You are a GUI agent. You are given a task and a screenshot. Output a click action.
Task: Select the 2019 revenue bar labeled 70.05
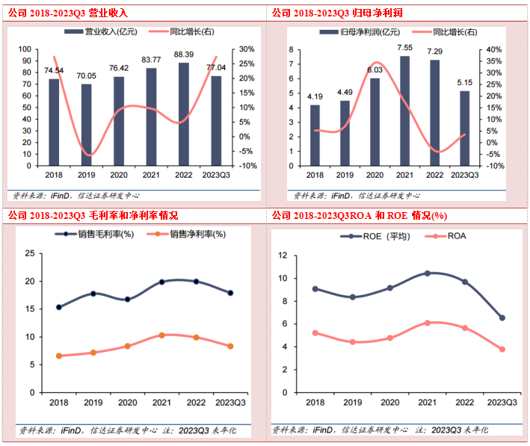[86, 124]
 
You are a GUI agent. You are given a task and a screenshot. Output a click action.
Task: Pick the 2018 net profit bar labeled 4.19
[315, 134]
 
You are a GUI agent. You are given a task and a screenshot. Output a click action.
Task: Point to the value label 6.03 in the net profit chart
[375, 70]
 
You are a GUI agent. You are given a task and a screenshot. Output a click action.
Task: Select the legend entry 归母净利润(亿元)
[366, 32]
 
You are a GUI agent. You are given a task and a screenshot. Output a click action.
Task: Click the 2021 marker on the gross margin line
[161, 282]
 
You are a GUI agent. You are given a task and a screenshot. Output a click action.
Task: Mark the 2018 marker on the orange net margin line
[58, 356]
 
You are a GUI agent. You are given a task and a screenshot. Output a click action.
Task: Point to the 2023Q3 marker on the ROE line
[502, 318]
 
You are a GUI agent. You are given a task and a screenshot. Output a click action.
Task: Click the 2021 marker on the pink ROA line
[427, 323]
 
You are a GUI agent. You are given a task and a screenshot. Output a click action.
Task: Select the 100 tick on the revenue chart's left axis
[25, 49]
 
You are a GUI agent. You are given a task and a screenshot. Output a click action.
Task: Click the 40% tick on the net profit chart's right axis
[496, 49]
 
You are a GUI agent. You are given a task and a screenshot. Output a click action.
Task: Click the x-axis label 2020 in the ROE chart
[389, 402]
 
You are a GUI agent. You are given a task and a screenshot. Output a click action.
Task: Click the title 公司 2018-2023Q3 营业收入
[68, 13]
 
